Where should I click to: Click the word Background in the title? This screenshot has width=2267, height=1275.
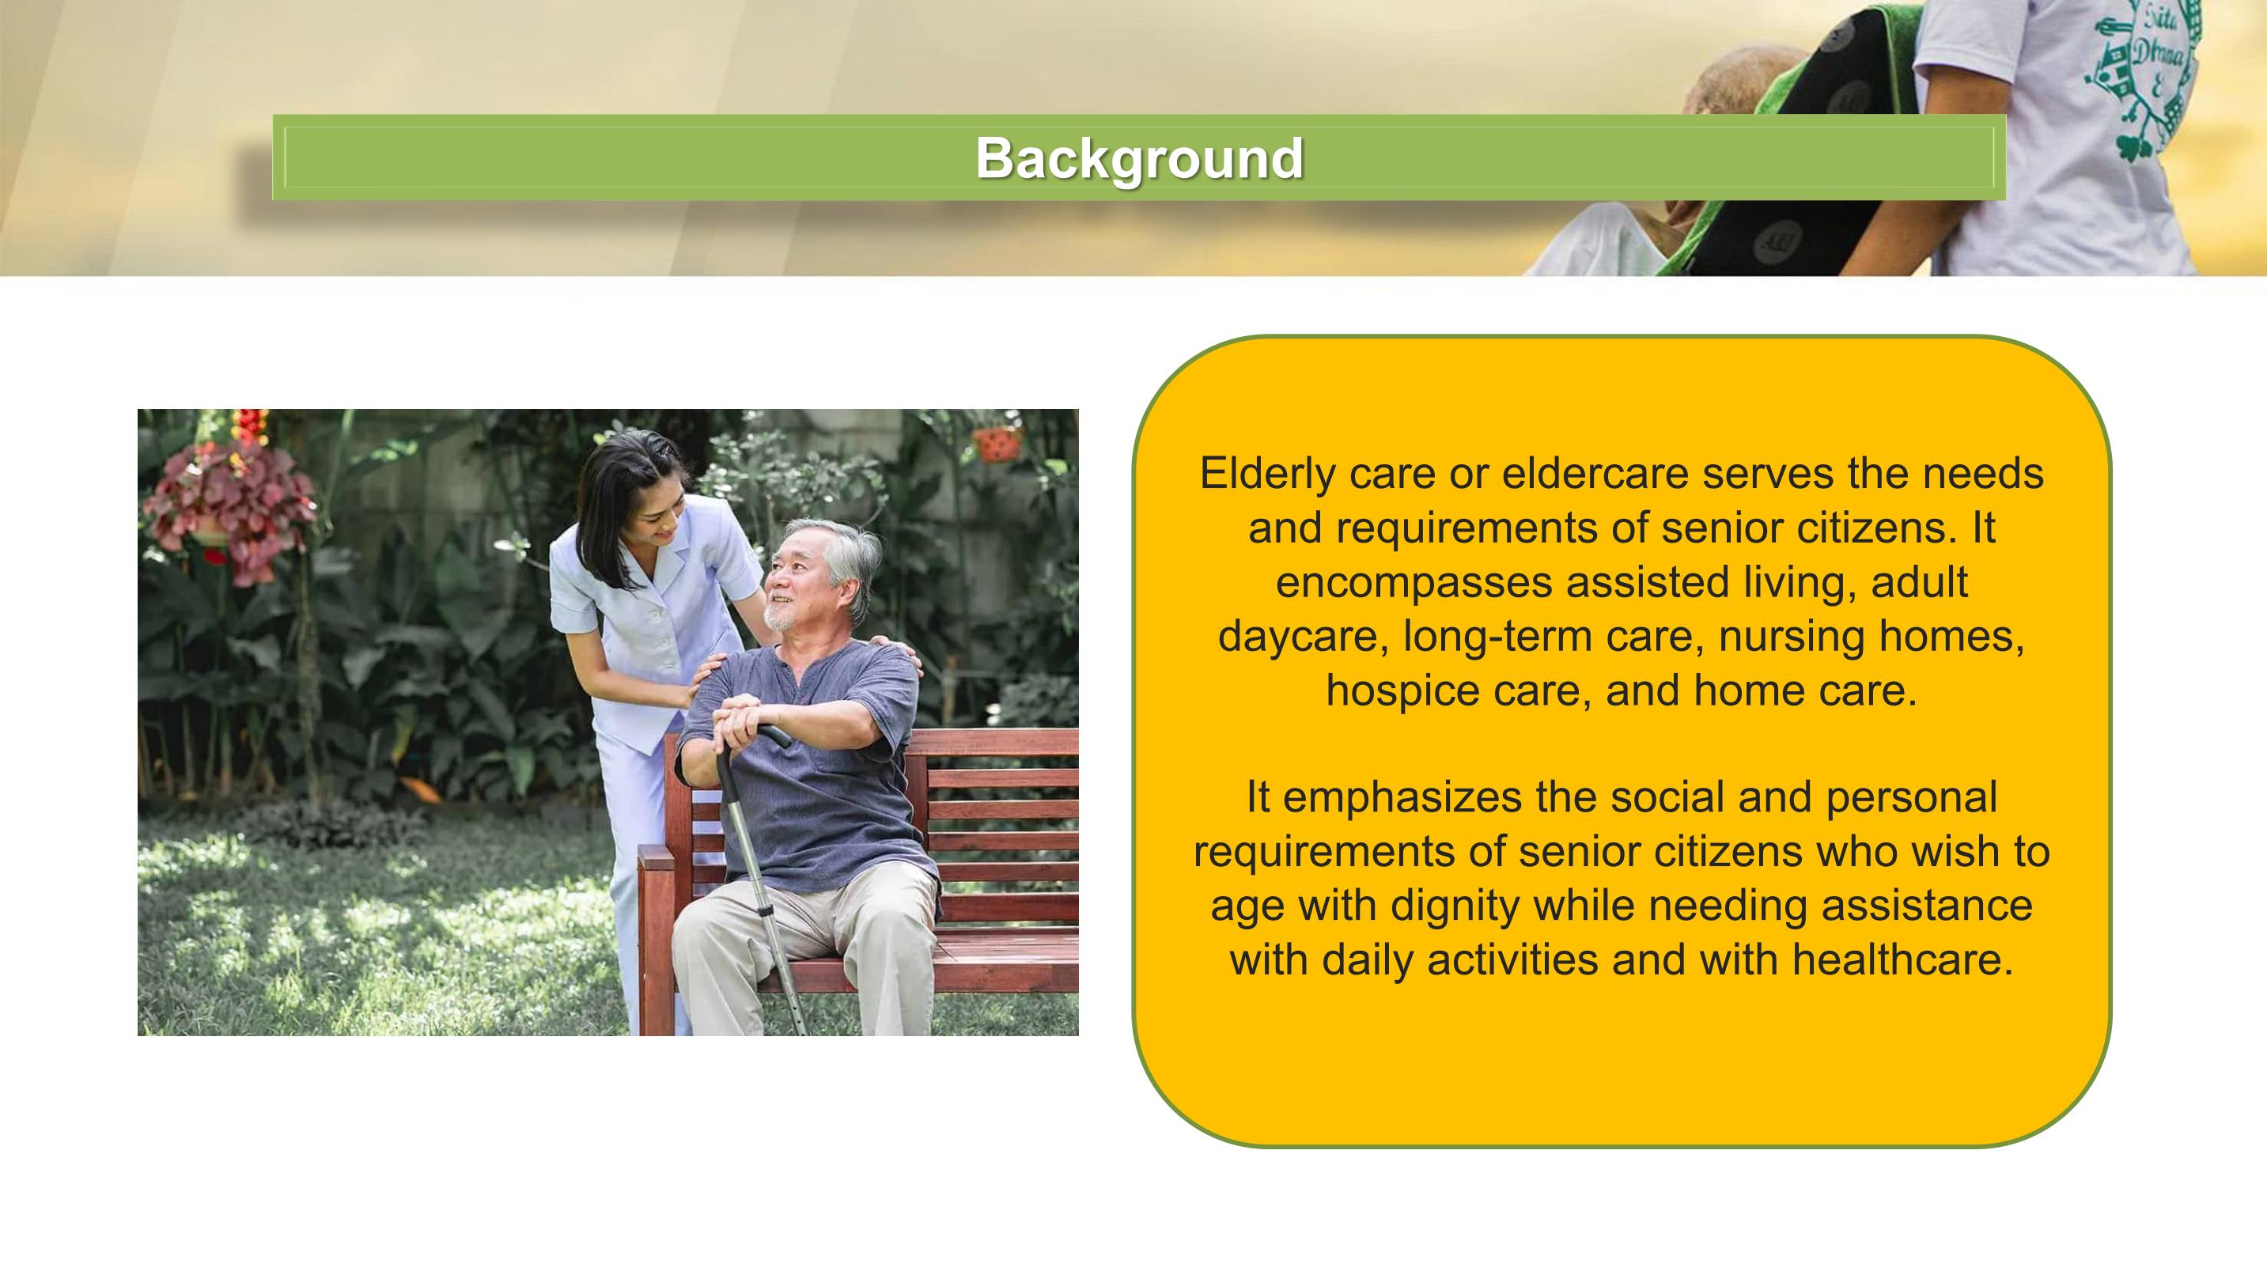[x=1139, y=158]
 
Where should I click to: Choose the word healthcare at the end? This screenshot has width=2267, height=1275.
[x=1902, y=959]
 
